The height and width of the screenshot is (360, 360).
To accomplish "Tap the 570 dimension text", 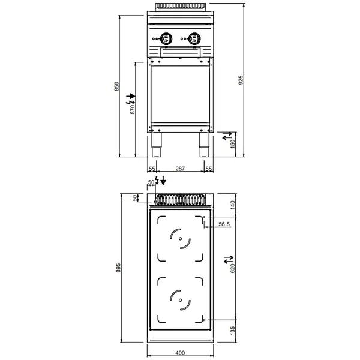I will click(133, 109).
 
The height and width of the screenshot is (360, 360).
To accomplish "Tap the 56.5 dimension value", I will click(224, 224).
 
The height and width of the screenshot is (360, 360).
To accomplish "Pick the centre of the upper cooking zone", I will click(179, 240).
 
